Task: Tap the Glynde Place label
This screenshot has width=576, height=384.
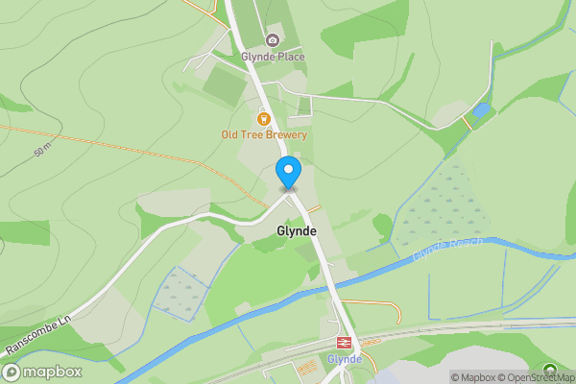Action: [x=273, y=57]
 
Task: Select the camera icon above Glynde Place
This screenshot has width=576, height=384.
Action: [x=273, y=40]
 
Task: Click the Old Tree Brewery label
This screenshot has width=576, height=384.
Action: [x=264, y=135]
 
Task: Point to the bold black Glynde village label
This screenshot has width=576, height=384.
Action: [x=295, y=231]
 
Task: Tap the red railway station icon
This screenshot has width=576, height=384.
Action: [x=343, y=343]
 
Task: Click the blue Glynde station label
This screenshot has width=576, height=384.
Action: [x=344, y=359]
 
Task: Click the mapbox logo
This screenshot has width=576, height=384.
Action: [x=42, y=372]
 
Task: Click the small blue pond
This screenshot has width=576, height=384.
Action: [x=481, y=111]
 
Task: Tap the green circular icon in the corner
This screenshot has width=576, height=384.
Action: [x=549, y=369]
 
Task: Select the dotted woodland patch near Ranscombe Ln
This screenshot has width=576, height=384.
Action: [x=181, y=290]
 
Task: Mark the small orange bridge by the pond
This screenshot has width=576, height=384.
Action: [x=467, y=123]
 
